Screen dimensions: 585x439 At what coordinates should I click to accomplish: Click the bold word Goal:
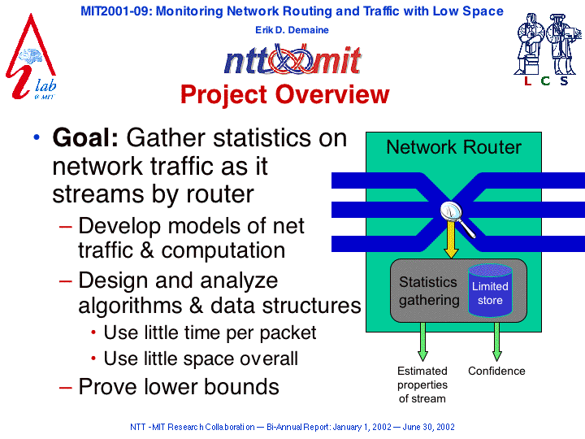[x=85, y=137]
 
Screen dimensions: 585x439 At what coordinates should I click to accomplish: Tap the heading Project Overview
[x=284, y=94]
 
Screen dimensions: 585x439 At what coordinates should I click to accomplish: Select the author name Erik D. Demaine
[x=292, y=30]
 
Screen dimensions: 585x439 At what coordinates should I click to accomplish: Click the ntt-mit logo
[x=292, y=59]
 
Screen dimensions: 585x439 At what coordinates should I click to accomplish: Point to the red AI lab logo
[x=31, y=58]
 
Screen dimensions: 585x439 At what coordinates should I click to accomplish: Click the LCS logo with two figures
[x=548, y=50]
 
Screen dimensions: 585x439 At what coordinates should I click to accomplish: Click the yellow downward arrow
[x=451, y=239]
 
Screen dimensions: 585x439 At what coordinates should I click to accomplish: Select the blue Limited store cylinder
[x=490, y=290]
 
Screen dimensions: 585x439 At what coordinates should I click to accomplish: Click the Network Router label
[x=453, y=147]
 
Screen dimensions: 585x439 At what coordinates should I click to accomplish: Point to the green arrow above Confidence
[x=496, y=341]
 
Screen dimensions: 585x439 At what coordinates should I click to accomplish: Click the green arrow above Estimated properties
[x=422, y=341]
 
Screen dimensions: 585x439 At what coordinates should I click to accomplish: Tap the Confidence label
[x=496, y=371]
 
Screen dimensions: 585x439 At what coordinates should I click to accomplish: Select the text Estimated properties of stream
[x=422, y=385]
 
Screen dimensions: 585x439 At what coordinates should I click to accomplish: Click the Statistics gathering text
[x=429, y=291]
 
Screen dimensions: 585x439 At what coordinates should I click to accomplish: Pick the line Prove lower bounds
[x=178, y=386]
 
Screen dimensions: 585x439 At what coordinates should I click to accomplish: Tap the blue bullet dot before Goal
[x=37, y=137]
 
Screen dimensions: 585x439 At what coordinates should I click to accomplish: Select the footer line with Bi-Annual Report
[x=292, y=427]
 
